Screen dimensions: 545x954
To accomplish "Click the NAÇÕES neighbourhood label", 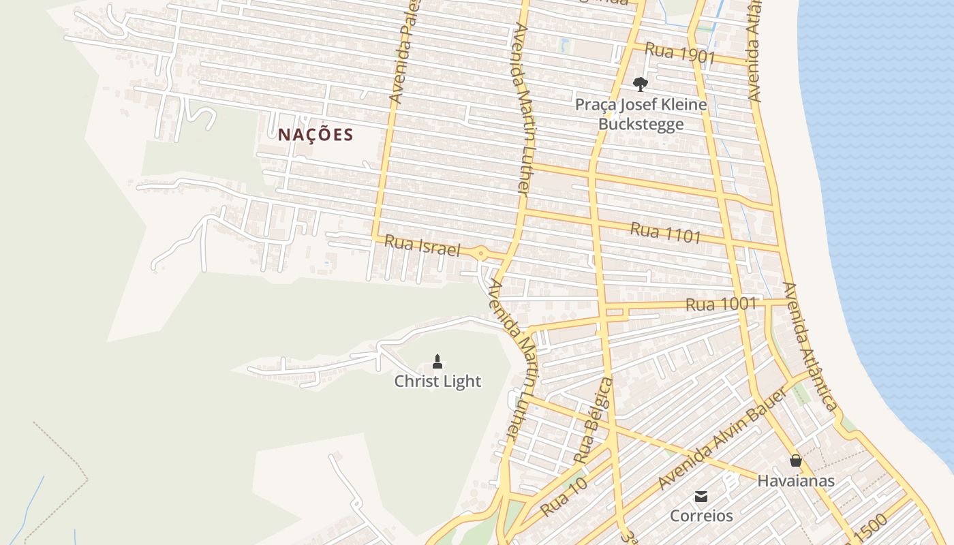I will pyautogui.click(x=316, y=135).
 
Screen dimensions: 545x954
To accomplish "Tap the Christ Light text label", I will pyautogui.click(x=437, y=381).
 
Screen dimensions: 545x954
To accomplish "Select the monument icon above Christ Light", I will pyautogui.click(x=437, y=361).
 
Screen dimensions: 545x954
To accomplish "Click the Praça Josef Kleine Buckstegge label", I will pyautogui.click(x=641, y=114).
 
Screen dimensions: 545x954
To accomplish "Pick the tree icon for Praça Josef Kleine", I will pyautogui.click(x=640, y=84).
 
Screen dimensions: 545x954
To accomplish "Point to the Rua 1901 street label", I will pyautogui.click(x=679, y=53).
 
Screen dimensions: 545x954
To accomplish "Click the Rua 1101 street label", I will pyautogui.click(x=665, y=232).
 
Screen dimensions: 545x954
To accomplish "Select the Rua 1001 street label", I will pyautogui.click(x=721, y=304).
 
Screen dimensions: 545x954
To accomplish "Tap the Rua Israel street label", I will pyautogui.click(x=422, y=246).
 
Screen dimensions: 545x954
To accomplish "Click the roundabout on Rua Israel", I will pyautogui.click(x=481, y=254).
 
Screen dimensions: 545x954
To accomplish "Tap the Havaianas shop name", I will pyautogui.click(x=795, y=481).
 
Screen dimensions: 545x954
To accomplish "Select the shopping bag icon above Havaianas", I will pyautogui.click(x=795, y=461).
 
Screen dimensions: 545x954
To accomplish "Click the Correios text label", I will pyautogui.click(x=701, y=516).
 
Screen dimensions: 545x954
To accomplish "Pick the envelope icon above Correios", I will pyautogui.click(x=701, y=496).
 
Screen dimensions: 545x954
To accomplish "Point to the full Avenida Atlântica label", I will pyautogui.click(x=810, y=346).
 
